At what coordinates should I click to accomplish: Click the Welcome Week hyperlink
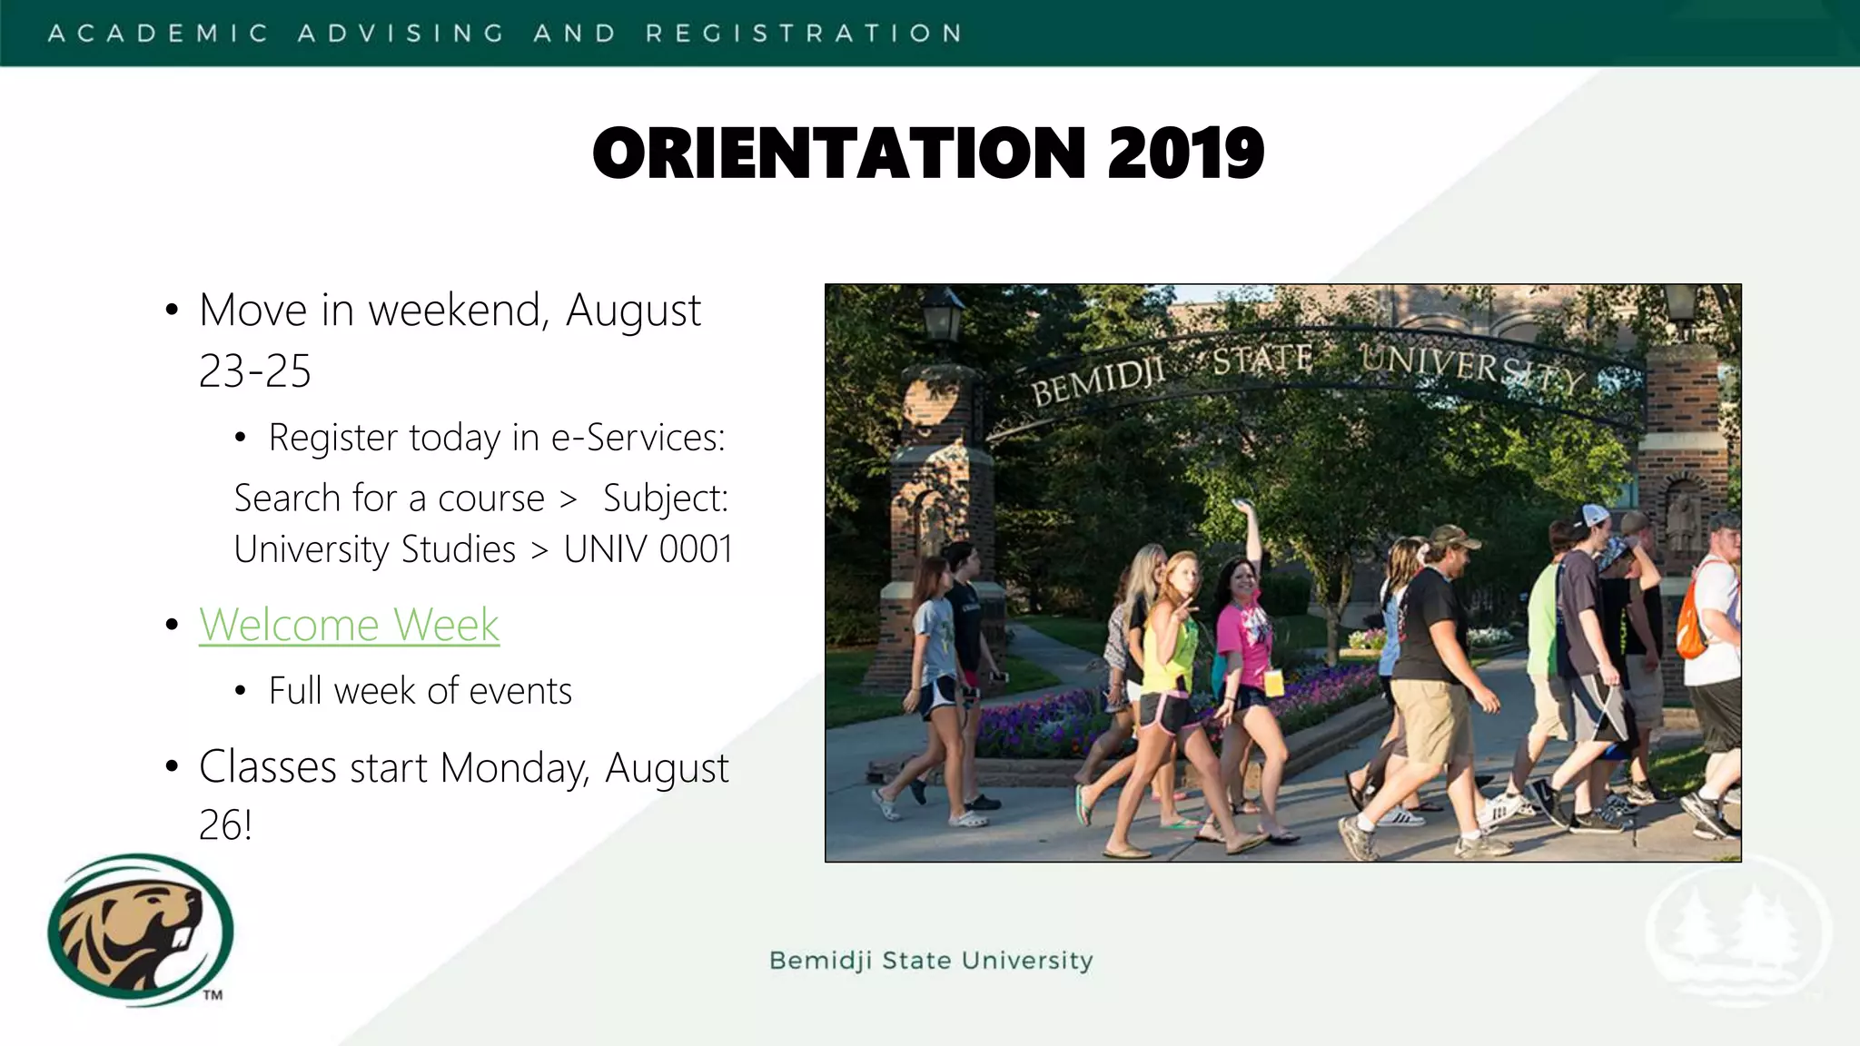pos(349,625)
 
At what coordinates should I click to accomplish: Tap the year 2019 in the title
pos(1185,153)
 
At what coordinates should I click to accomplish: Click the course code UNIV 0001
pos(648,549)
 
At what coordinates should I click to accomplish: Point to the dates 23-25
pos(254,371)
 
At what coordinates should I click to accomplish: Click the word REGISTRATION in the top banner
pos(804,34)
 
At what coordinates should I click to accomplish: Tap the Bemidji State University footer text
pos(931,961)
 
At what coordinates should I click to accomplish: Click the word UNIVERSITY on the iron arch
pos(1471,367)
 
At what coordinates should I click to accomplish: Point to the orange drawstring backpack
pos(1690,627)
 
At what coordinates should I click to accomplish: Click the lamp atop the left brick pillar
pos(942,313)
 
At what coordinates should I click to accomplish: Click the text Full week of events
pos(420,691)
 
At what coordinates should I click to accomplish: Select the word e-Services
pos(638,438)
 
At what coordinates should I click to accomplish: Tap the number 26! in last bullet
pos(224,825)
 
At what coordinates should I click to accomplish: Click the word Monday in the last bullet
pos(514,768)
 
